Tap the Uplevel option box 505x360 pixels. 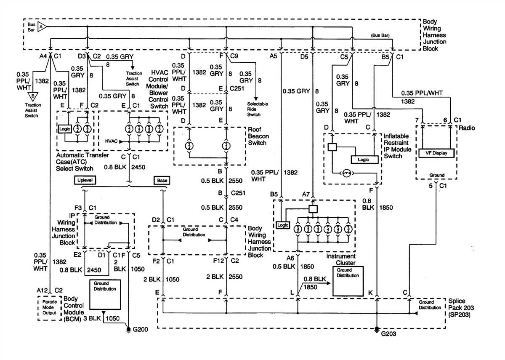[85, 180]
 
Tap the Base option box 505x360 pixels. [162, 180]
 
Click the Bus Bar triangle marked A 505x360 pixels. [41, 27]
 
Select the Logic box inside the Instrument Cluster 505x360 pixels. [283, 225]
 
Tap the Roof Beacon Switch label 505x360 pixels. [258, 137]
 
